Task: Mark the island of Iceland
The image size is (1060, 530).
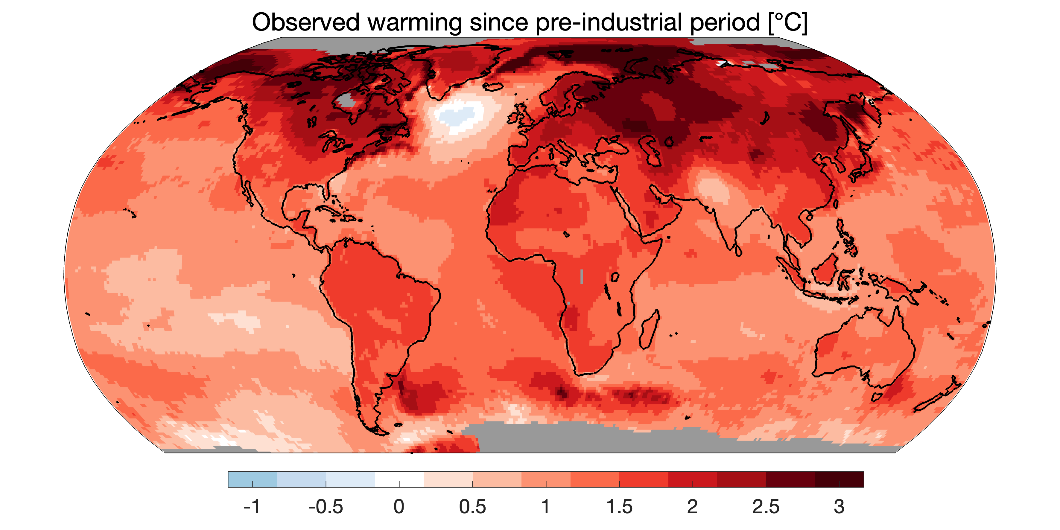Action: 493,86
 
